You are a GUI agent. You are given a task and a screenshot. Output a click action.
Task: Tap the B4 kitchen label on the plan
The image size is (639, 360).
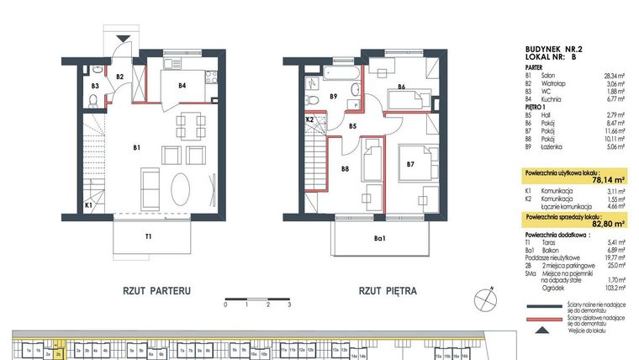click(181, 85)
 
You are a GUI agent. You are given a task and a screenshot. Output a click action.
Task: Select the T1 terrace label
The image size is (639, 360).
click(148, 236)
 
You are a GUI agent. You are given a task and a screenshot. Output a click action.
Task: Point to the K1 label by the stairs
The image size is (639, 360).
click(89, 204)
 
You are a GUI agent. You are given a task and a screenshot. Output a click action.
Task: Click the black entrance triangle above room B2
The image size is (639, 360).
click(124, 38)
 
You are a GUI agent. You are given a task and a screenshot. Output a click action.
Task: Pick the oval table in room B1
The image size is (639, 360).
click(183, 184)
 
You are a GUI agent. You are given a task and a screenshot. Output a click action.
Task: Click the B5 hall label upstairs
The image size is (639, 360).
click(353, 127)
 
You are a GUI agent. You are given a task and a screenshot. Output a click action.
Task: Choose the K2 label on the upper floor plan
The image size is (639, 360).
click(309, 120)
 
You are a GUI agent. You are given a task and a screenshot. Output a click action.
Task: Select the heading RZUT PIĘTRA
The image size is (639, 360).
click(388, 291)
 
